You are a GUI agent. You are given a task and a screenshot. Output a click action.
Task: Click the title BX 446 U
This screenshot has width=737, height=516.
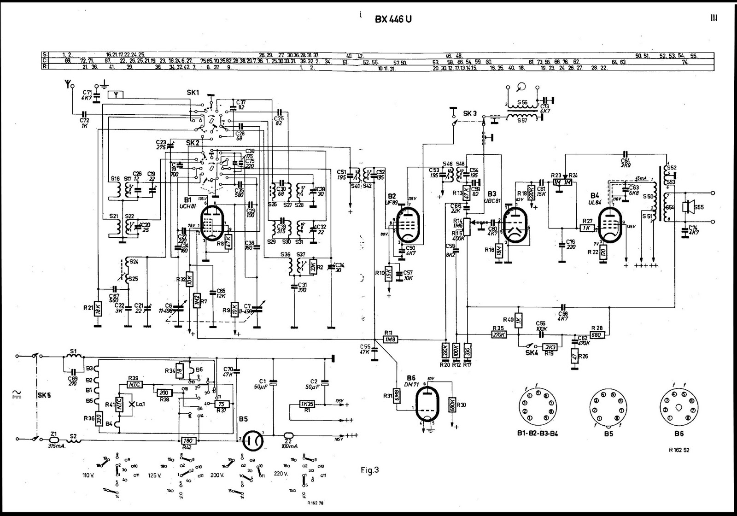[x=393, y=19]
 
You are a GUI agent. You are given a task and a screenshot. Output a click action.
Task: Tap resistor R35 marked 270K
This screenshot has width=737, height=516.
[x=498, y=335]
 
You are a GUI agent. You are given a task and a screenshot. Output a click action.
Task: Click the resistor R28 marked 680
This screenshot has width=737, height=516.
[x=597, y=335]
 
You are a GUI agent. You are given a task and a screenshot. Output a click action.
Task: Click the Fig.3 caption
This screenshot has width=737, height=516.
[x=370, y=470]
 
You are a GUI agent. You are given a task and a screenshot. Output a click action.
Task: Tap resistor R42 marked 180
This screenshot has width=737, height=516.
[x=187, y=440]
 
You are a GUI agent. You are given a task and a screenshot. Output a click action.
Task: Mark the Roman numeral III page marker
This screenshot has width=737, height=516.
[x=714, y=18]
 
